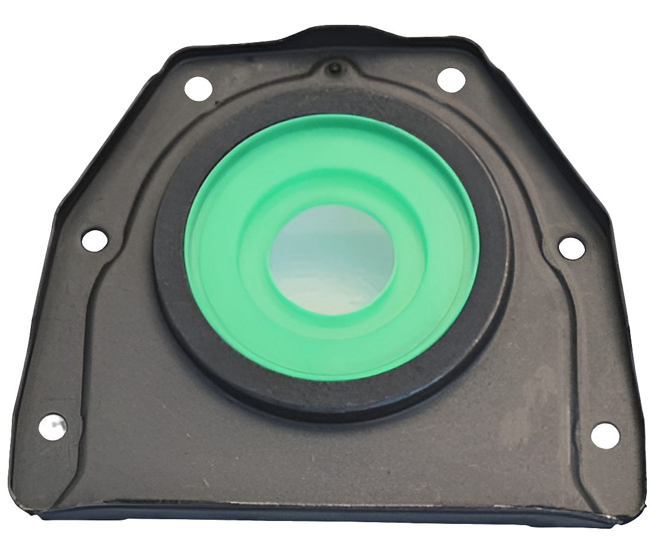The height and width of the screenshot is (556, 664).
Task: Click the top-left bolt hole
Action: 198,88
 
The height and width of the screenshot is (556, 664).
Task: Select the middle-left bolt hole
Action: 94,240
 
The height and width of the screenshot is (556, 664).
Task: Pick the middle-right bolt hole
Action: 571,247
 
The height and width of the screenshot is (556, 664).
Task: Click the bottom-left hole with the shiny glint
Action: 52,428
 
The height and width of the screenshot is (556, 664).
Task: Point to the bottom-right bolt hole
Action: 605,435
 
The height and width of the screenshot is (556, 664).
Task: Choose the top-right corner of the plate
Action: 475,43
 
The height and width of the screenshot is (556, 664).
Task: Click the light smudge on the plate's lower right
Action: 528,404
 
